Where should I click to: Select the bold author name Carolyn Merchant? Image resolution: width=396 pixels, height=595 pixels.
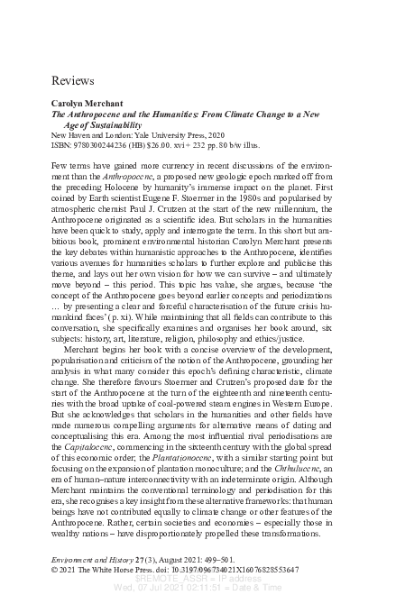(x=88, y=105)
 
